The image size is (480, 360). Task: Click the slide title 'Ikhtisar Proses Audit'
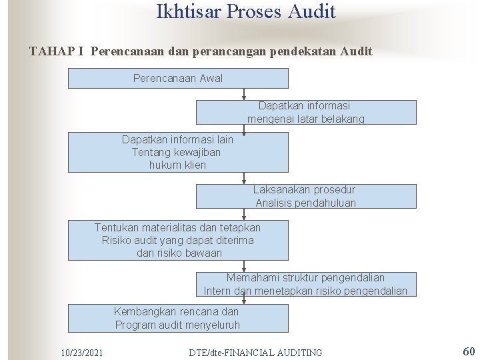tap(246, 12)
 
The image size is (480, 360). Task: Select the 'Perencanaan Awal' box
tap(178, 79)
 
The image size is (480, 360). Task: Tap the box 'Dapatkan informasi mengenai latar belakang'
tap(305, 112)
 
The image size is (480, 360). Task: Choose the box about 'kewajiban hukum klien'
tap(178, 153)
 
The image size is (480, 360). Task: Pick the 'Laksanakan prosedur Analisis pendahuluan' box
tap(305, 196)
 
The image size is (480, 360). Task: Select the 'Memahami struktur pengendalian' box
tap(305, 284)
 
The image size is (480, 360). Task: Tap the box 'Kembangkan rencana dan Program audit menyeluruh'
tap(178, 318)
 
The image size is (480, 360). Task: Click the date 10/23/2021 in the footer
tap(81, 352)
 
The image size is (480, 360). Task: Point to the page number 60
tap(468, 351)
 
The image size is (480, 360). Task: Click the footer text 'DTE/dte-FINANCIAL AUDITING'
tap(255, 352)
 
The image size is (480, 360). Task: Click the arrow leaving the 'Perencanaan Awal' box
tap(245, 94)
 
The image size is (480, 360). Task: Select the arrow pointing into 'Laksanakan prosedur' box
tap(245, 179)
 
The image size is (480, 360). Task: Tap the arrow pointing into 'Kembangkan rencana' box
tap(245, 301)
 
